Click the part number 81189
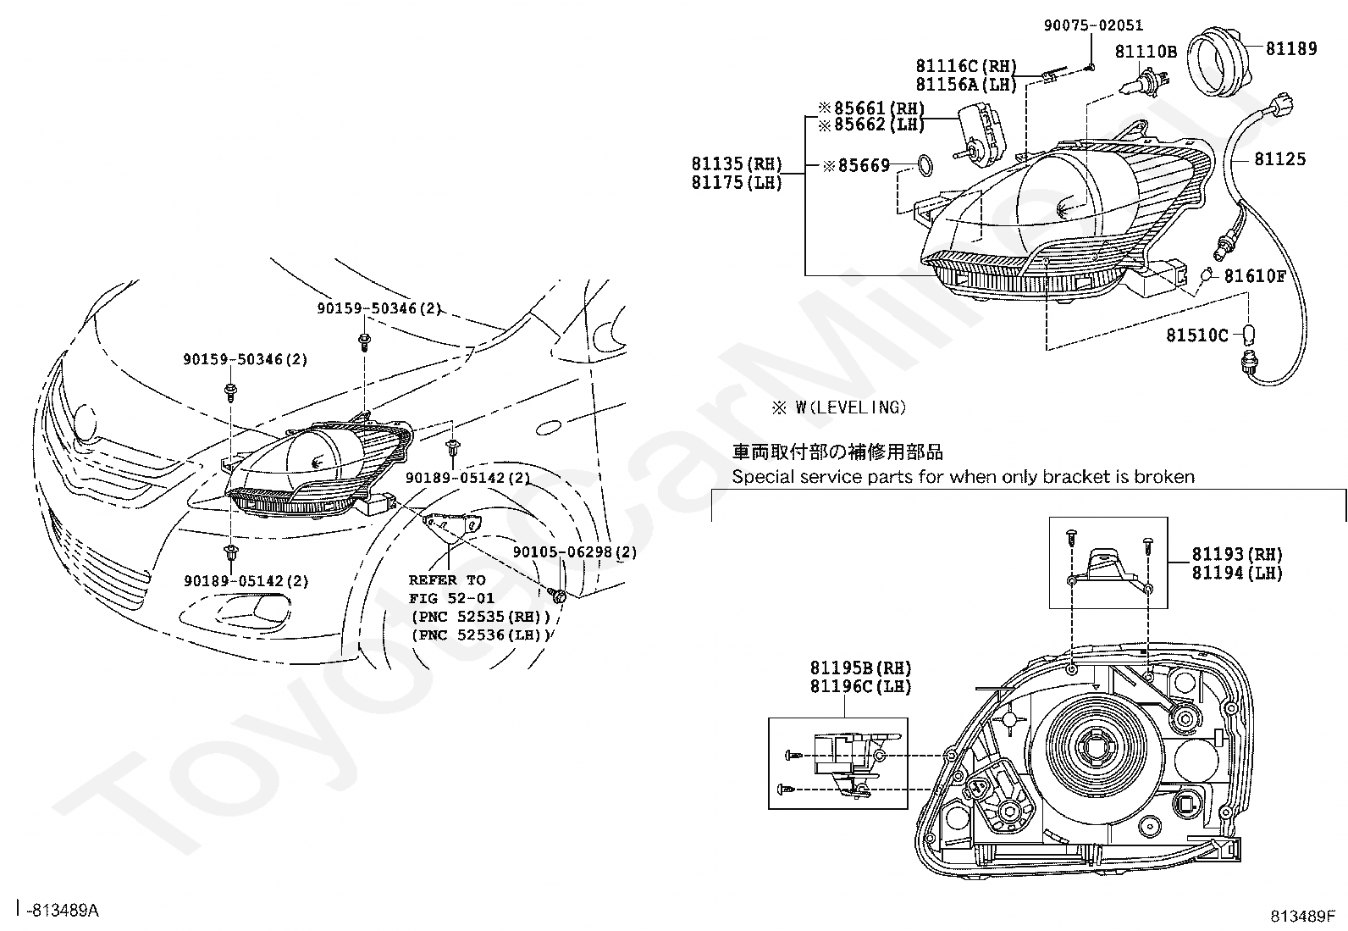pyautogui.click(x=1291, y=49)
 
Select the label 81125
pyautogui.click(x=1279, y=159)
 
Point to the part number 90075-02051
pyautogui.click(x=1093, y=26)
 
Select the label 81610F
pyautogui.click(x=1255, y=276)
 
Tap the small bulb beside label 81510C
pyautogui.click(x=1248, y=334)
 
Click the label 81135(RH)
pyautogui.click(x=737, y=164)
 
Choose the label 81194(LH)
pyautogui.click(x=1237, y=574)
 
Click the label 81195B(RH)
pyautogui.click(x=861, y=668)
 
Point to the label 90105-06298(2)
pyautogui.click(x=575, y=552)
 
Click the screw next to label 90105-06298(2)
pyautogui.click(x=557, y=594)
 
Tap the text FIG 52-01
pyautogui.click(x=451, y=599)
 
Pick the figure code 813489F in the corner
pyautogui.click(x=1301, y=916)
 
